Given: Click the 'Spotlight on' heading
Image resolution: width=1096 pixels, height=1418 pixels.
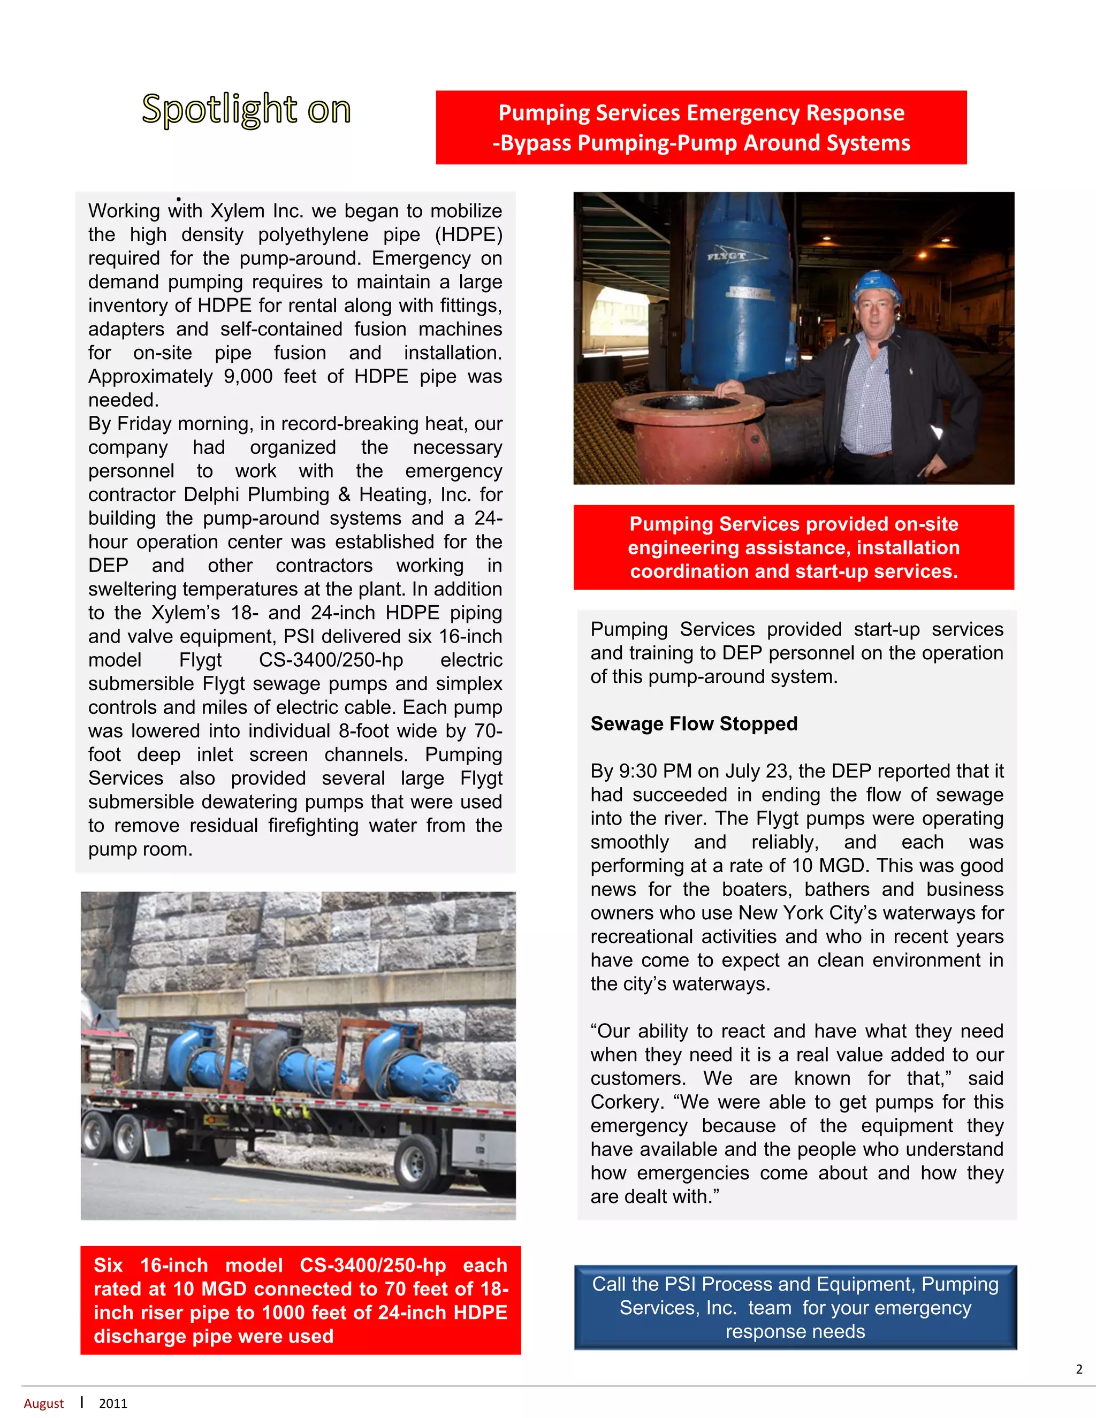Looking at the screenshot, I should coord(246,109).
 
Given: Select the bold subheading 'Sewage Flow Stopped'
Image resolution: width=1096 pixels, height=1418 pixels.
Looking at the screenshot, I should coord(694,724).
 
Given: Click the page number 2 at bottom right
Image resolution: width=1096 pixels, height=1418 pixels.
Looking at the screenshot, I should coord(1078,1369).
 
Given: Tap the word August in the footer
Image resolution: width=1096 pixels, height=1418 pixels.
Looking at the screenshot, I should coord(43,1403).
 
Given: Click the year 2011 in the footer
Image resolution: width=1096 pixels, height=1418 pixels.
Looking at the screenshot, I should coord(113,1403).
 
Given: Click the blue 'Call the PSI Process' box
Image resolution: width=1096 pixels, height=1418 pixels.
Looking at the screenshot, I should coord(795,1308).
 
